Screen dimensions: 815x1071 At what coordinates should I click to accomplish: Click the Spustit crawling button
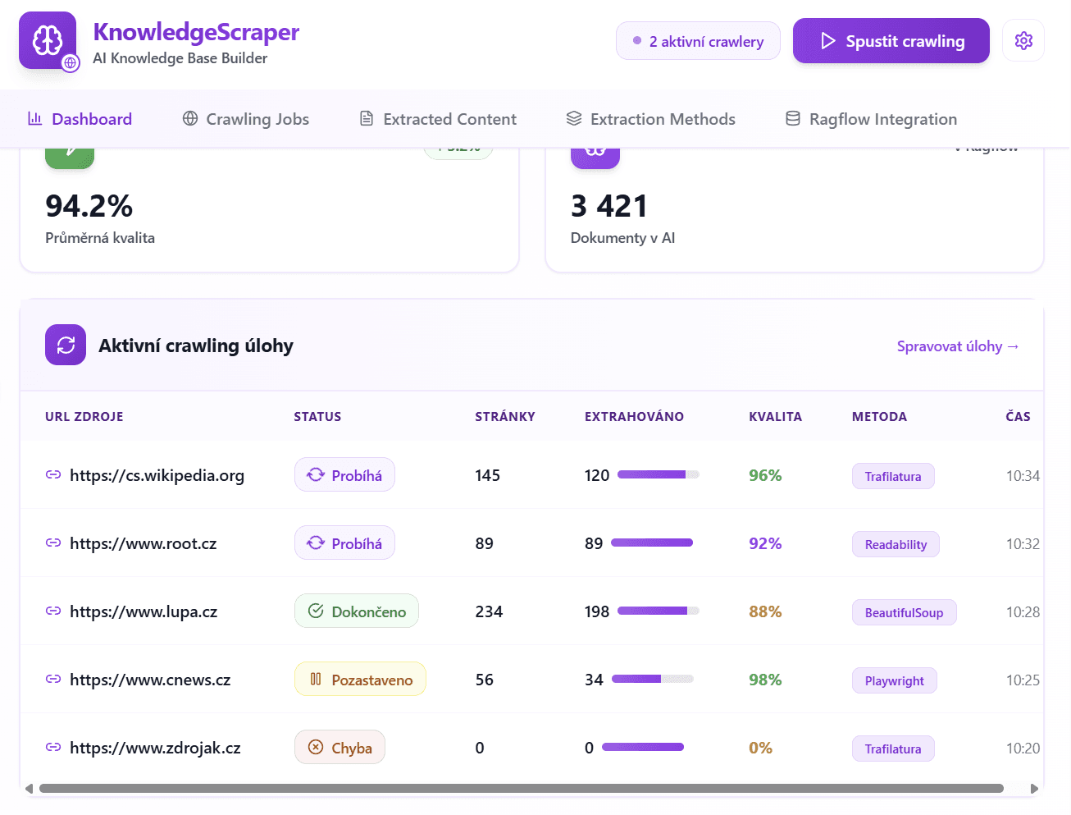(891, 41)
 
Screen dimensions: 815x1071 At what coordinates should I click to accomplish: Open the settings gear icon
(1023, 41)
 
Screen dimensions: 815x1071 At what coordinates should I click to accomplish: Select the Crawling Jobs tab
(245, 119)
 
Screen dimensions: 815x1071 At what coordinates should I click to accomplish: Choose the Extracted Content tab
(438, 119)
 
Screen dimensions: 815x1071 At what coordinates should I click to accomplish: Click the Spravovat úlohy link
(957, 346)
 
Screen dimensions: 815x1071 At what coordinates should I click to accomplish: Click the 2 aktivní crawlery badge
(698, 41)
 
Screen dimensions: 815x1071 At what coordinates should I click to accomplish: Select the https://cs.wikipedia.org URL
(157, 475)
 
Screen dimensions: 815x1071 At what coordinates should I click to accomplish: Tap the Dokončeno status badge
(356, 611)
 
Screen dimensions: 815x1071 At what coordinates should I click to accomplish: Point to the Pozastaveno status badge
(360, 680)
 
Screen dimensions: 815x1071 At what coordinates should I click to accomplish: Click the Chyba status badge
(340, 748)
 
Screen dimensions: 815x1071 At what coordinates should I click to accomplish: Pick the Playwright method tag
(894, 680)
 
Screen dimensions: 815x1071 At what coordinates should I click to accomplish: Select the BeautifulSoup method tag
(904, 612)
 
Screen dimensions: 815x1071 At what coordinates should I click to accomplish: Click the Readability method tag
(896, 544)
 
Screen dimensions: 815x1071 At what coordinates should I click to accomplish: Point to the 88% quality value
(764, 611)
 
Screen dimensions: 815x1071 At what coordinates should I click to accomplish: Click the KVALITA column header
(775, 416)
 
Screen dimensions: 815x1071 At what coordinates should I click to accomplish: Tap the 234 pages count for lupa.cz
(489, 611)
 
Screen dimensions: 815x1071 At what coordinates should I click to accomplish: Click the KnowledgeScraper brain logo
(48, 40)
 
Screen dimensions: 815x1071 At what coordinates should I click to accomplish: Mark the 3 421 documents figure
(609, 206)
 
